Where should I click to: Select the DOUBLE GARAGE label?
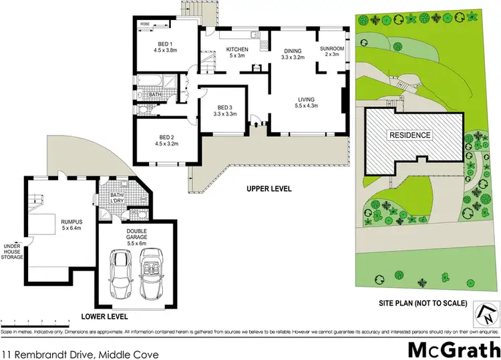pyautogui.click(x=137, y=230)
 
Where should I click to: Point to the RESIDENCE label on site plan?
pyautogui.click(x=411, y=135)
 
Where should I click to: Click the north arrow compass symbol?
pyautogui.click(x=486, y=311)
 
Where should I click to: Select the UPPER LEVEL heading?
pyautogui.click(x=269, y=189)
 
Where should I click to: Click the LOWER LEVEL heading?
pyautogui.click(x=104, y=316)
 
